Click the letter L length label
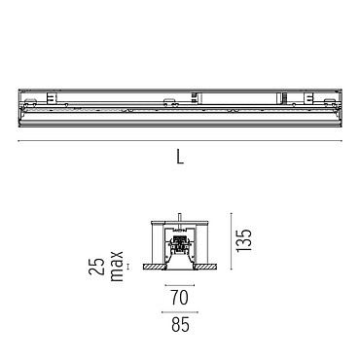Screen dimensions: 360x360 pyautogui.click(x=180, y=156)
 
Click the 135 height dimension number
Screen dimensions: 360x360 pyautogui.click(x=243, y=240)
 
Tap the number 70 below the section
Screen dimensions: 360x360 pyautogui.click(x=180, y=298)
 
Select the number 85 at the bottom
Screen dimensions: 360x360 pyautogui.click(x=180, y=325)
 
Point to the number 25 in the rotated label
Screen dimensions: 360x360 pyautogui.click(x=97, y=267)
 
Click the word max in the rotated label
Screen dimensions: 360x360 pyautogui.click(x=117, y=266)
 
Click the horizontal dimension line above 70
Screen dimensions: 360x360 pyautogui.click(x=180, y=285)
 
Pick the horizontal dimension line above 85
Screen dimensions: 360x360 pyautogui.click(x=180, y=312)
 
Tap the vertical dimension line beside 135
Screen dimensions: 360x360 pyautogui.click(x=232, y=241)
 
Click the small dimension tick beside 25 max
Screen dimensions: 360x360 pyautogui.click(x=127, y=267)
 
